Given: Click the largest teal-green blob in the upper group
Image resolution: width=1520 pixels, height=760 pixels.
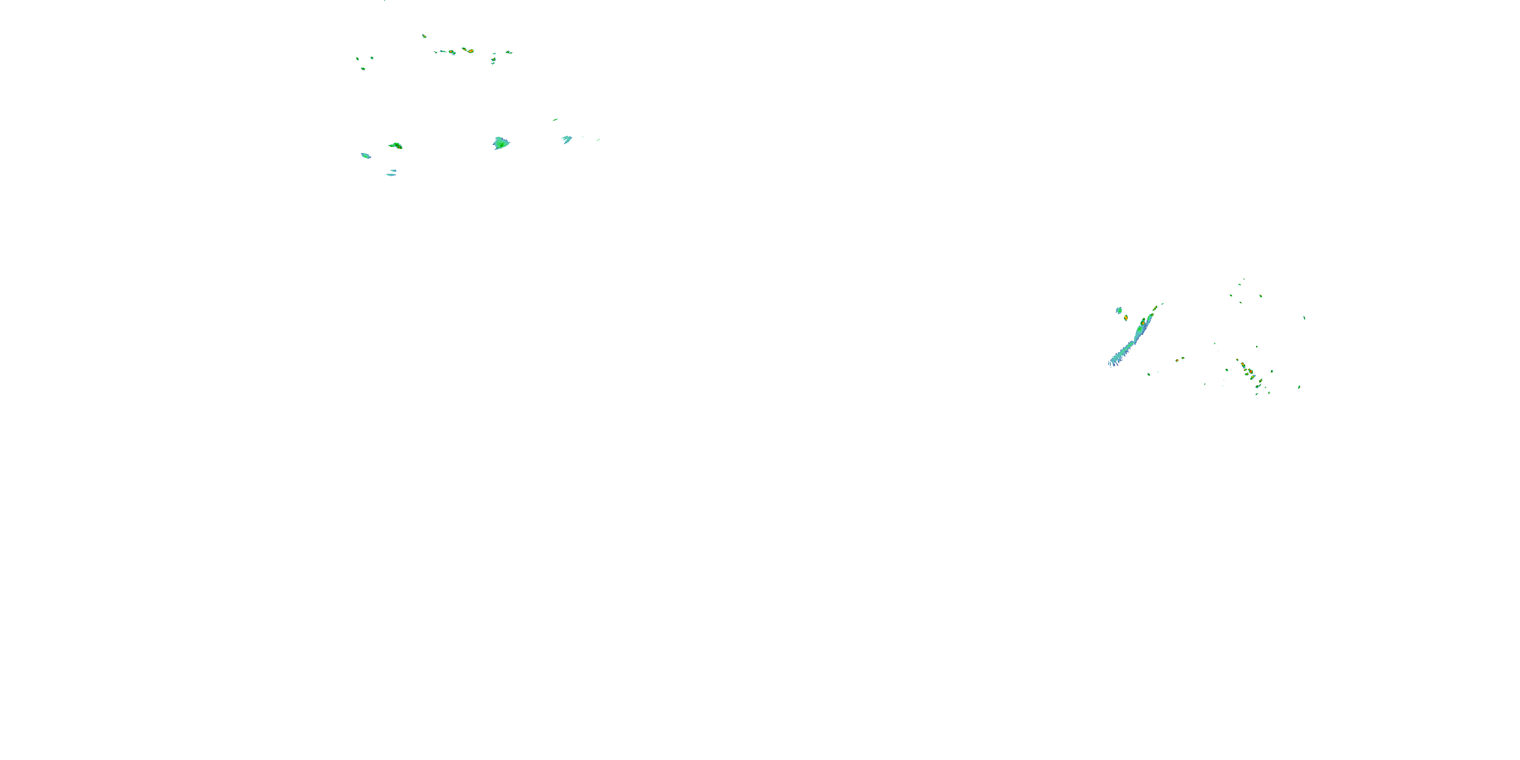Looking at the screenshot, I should (x=501, y=143).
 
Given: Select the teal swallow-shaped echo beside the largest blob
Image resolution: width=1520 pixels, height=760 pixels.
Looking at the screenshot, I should (x=567, y=139).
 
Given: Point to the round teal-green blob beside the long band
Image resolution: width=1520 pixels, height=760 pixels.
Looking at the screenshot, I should (x=1119, y=311).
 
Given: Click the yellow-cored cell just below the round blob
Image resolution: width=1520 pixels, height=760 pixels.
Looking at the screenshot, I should (x=1126, y=318).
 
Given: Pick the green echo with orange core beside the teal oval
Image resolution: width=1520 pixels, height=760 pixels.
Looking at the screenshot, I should (x=396, y=145).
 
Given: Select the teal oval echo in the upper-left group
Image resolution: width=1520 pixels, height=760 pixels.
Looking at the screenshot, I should (x=366, y=156).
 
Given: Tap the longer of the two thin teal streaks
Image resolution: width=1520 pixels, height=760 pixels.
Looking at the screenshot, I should (x=391, y=175).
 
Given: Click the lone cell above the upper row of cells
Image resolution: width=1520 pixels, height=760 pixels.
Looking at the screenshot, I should (x=424, y=36).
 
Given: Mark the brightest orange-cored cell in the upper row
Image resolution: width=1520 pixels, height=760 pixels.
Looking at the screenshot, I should (x=470, y=51).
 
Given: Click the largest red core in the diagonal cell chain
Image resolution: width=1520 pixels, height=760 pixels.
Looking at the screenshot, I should (x=1250, y=372).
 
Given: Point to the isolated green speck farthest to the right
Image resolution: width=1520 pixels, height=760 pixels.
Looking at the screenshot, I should (x=1304, y=318).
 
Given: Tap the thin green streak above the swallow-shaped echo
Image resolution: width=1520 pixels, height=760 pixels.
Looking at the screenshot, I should (x=555, y=120).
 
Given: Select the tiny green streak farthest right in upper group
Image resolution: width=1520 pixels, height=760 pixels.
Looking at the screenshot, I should (x=598, y=140).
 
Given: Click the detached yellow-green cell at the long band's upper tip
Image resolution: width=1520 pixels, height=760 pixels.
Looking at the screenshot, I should (x=1155, y=308).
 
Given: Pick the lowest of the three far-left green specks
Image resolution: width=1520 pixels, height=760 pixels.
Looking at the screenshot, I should (x=363, y=69).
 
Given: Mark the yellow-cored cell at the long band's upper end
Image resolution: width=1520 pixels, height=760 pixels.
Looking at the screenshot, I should (x=1143, y=323).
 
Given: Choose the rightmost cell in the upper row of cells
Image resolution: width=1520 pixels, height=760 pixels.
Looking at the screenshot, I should (x=509, y=52).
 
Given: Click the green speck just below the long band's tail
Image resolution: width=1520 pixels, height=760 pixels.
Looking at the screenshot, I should (x=1148, y=374).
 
